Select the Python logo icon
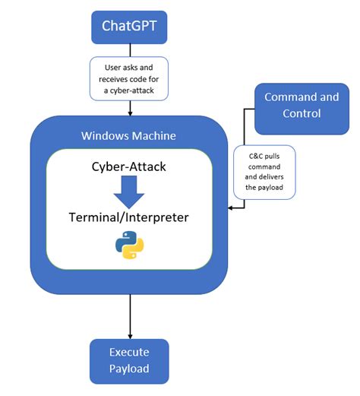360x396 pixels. (x=129, y=246)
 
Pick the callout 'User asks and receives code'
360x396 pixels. (x=129, y=78)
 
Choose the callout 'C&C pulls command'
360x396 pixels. (x=264, y=171)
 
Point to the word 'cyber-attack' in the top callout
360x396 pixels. (x=135, y=92)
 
